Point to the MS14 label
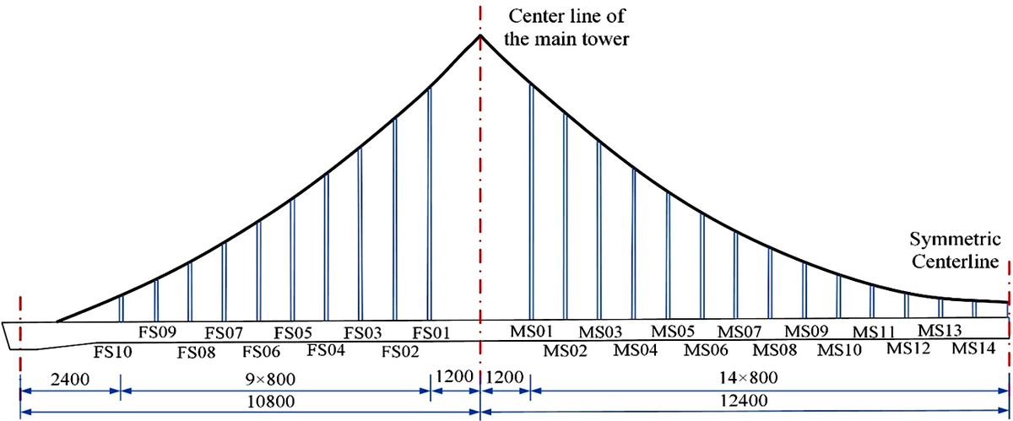pyautogui.click(x=973, y=348)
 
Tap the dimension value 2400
pyautogui.click(x=68, y=378)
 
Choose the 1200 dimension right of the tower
pyautogui.click(x=504, y=377)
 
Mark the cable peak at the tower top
pyautogui.click(x=480, y=35)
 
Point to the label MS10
pyautogui.click(x=838, y=348)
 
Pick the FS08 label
pyautogui.click(x=197, y=350)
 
